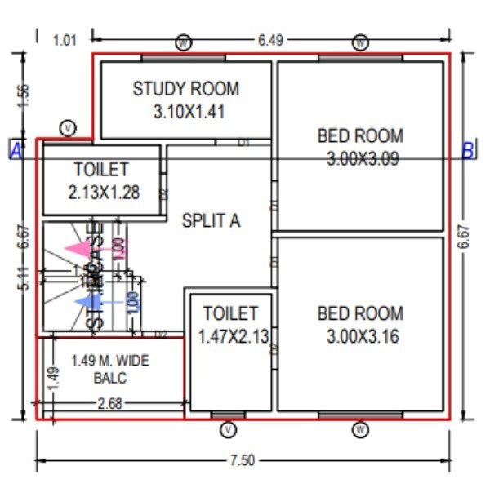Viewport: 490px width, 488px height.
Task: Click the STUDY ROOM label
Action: tap(186, 89)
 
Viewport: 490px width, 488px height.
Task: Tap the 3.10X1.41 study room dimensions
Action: tap(187, 112)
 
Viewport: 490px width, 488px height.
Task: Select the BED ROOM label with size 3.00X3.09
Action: tap(360, 135)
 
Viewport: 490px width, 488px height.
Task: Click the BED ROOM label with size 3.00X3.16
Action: tap(360, 313)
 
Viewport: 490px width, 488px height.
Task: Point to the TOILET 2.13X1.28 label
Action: tap(101, 170)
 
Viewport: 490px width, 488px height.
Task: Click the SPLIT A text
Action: tap(212, 220)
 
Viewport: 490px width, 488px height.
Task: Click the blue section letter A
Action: tap(16, 150)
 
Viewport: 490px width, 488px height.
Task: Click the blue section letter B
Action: tap(468, 150)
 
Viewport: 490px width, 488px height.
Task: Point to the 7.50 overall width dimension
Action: tap(242, 461)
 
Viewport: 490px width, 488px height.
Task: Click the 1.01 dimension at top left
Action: tap(65, 39)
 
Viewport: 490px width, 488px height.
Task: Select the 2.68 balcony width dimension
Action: tap(110, 403)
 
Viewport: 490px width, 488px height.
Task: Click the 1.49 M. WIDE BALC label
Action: tap(110, 369)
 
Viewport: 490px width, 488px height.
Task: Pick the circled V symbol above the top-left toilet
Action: tap(69, 127)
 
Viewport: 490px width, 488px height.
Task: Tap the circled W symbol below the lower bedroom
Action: tap(360, 429)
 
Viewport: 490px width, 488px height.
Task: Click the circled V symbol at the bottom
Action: tap(229, 429)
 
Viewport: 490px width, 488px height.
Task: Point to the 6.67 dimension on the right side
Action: tap(464, 242)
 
